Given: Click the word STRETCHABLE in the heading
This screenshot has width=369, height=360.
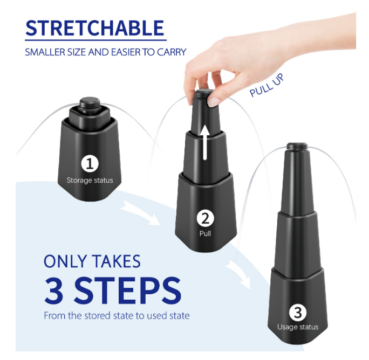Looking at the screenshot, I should click(x=94, y=28).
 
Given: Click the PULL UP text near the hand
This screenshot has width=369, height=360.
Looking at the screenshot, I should click(x=266, y=86).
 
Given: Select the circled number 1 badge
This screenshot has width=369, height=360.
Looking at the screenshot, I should click(x=89, y=163).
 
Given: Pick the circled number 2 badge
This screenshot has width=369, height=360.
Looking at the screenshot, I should click(x=205, y=218).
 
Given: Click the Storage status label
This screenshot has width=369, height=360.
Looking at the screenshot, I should click(x=90, y=180).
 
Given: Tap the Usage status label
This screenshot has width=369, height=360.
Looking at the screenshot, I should click(x=298, y=327).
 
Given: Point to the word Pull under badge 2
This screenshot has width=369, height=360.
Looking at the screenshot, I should click(x=205, y=234).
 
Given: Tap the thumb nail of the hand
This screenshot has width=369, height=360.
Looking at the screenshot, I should click(x=214, y=101).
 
